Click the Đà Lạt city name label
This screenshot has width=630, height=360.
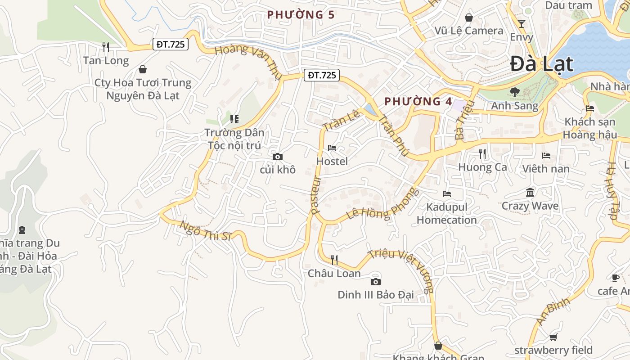click(x=542, y=64)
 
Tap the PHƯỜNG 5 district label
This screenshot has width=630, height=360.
click(x=301, y=15)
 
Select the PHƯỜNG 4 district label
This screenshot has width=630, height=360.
click(x=418, y=101)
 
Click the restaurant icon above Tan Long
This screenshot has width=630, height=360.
click(x=106, y=47)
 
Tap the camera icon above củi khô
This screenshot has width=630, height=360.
click(x=278, y=157)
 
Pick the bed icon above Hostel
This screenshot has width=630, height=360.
click(x=332, y=148)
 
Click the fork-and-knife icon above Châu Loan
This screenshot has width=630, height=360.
click(x=334, y=260)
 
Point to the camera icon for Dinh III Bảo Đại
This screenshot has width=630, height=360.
click(x=375, y=282)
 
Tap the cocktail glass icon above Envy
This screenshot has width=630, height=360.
click(x=522, y=23)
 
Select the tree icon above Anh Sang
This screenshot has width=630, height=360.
click(x=514, y=92)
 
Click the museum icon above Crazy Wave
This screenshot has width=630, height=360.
click(x=530, y=193)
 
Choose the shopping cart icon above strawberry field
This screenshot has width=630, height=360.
click(x=553, y=337)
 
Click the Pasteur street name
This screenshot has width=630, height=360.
click(x=316, y=195)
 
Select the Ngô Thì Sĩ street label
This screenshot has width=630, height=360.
click(x=205, y=230)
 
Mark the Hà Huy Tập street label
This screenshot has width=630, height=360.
click(x=612, y=190)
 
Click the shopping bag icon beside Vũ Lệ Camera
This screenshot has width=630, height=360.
click(x=468, y=18)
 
